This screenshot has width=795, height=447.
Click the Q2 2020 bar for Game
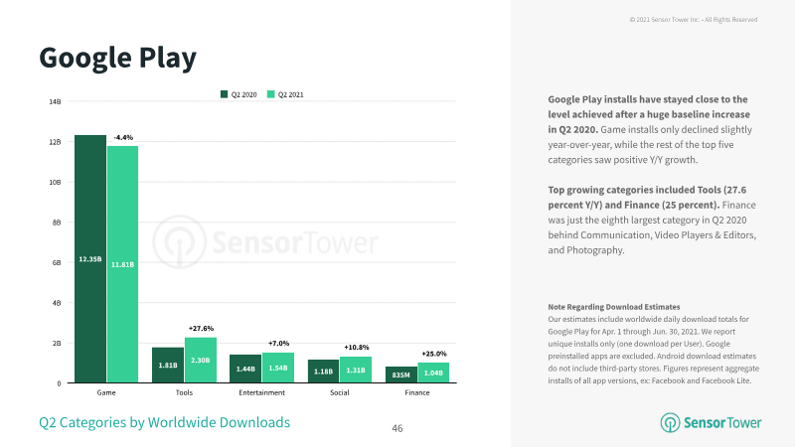pos(90,259)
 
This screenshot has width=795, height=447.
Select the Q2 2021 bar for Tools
pos(201,361)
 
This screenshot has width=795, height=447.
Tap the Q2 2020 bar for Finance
pos(401,375)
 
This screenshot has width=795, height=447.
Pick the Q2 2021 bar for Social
pos(356,370)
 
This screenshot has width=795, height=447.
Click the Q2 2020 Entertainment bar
pos(245,369)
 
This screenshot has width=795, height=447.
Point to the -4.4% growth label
pos(123,137)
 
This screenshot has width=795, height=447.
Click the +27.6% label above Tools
pos(201,329)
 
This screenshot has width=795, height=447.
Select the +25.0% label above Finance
pos(434,354)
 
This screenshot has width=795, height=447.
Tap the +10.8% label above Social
pos(357,347)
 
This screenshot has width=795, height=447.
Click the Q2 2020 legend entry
pos(238,94)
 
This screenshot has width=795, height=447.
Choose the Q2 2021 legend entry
pos(285,94)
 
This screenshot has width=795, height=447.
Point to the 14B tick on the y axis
pos(55,102)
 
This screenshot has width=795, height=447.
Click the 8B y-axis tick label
pos(57,223)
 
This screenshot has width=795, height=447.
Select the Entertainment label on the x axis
pos(261,392)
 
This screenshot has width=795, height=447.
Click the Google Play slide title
pos(117,59)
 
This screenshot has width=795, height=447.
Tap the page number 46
pos(397,429)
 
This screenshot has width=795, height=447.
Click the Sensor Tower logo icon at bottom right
pos(670,423)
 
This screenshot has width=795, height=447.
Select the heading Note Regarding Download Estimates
pos(613,307)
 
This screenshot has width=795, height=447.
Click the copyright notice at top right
pos(694,20)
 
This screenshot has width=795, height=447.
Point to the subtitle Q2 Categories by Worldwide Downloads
pos(165,423)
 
